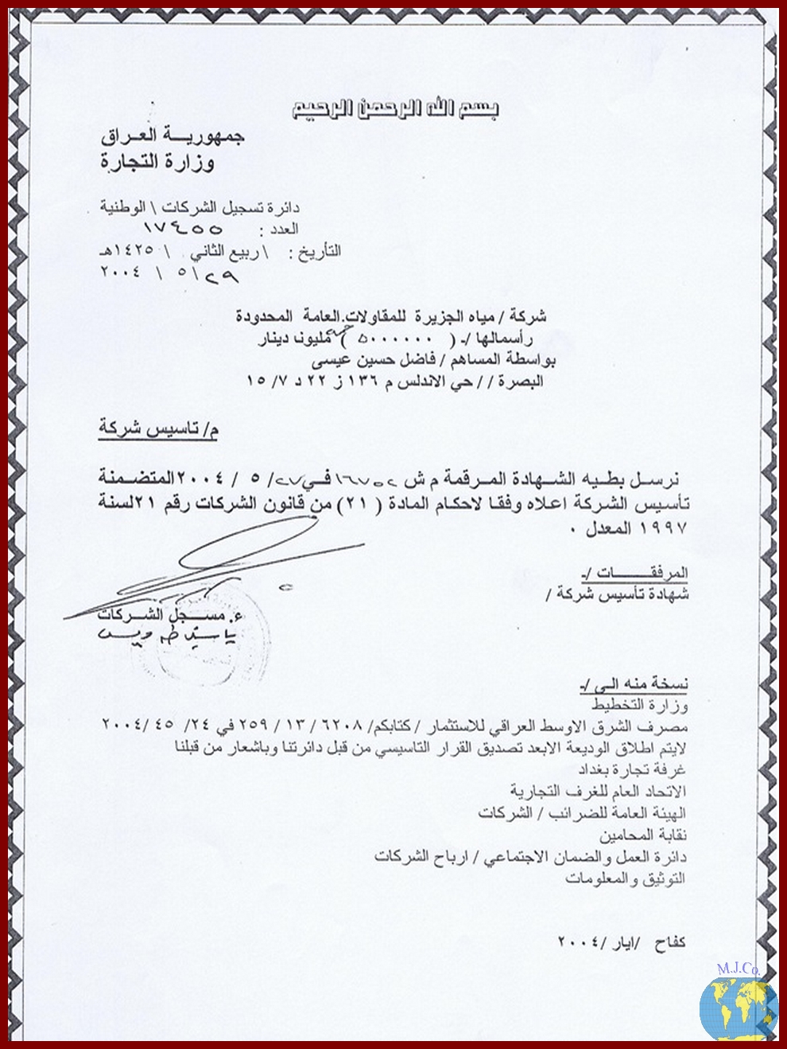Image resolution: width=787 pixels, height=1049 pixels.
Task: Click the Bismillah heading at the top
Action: tap(395, 110)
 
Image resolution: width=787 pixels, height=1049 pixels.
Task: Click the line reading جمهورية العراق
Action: tap(173, 136)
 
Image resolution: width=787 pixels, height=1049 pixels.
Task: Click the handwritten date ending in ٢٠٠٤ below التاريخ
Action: tap(169, 276)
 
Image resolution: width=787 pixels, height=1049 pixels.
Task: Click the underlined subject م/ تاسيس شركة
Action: tap(158, 429)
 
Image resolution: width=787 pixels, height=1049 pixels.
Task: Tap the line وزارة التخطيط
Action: tap(639, 705)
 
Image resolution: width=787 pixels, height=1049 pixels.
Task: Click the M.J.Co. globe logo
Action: tap(739, 1004)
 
